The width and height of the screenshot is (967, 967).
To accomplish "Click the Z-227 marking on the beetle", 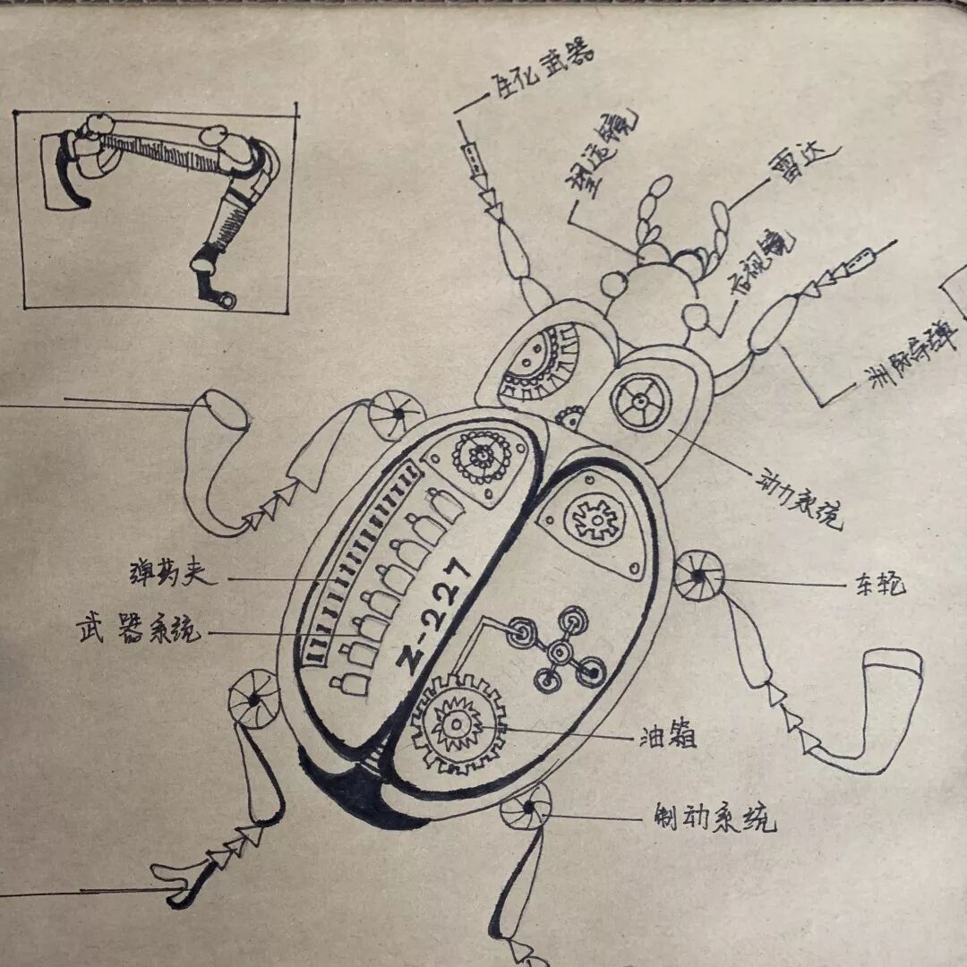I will pos(433,619).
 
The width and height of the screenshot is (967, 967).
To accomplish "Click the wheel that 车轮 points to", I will pos(698,578).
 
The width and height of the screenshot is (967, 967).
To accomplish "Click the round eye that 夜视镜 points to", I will pos(697,316).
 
